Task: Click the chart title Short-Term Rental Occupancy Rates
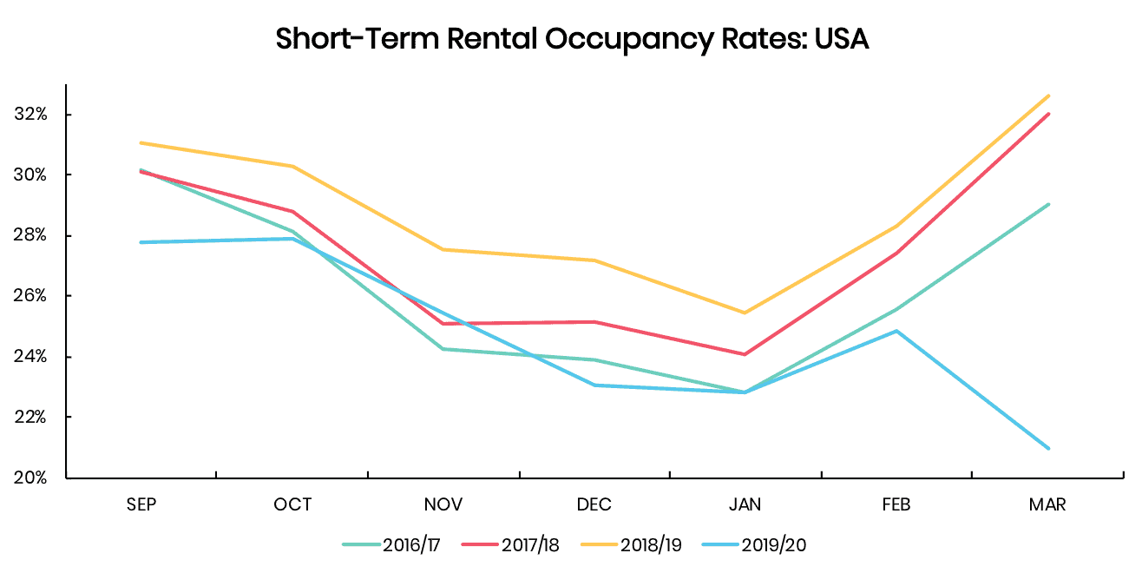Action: tap(572, 39)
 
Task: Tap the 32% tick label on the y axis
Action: tap(31, 115)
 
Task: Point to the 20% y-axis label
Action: tap(31, 477)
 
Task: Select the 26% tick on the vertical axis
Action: tap(31, 296)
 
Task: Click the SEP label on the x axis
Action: tap(141, 505)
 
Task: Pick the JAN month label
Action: tap(745, 505)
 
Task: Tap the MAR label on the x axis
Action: tap(1048, 505)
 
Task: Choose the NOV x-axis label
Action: tap(443, 505)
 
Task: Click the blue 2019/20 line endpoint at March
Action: tap(1049, 448)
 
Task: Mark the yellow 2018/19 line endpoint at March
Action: tap(1049, 95)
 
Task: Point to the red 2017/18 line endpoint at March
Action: tap(1049, 114)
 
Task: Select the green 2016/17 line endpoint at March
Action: tap(1049, 204)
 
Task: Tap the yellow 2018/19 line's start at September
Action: tap(141, 142)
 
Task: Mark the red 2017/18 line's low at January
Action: tap(745, 354)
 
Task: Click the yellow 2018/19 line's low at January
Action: tap(745, 313)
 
